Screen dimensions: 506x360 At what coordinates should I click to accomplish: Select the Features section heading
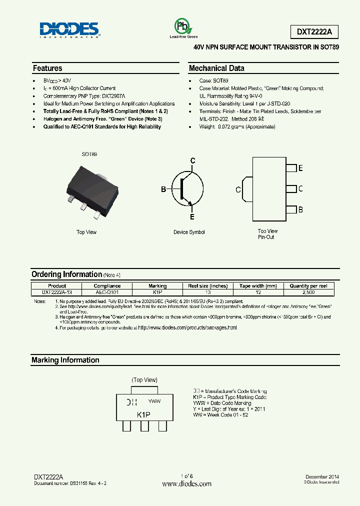[x=47, y=68]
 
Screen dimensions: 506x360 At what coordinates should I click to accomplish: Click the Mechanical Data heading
[x=216, y=68]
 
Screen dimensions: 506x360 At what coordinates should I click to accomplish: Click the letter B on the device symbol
[x=163, y=189]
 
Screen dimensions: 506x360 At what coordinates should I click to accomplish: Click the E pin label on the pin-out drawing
[x=300, y=168]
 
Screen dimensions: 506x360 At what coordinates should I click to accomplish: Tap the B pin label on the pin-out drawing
[x=300, y=210]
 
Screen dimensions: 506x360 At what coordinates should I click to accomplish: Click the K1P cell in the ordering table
[x=157, y=292]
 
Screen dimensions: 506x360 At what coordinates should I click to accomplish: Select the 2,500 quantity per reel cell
[x=308, y=292]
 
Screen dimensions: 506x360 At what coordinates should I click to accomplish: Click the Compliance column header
[x=107, y=286]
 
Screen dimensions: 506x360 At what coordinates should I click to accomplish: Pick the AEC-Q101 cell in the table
[x=107, y=292]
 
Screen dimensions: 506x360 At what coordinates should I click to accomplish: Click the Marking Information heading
[x=65, y=360]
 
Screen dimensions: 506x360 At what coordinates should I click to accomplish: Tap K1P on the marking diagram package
[x=144, y=415]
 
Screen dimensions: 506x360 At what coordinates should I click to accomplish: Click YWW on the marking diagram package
[x=155, y=401]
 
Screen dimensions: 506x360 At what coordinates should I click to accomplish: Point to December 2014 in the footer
[x=322, y=477]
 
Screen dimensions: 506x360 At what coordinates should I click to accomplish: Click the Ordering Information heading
[x=66, y=274]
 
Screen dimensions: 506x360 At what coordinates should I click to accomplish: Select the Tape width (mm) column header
[x=258, y=286]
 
